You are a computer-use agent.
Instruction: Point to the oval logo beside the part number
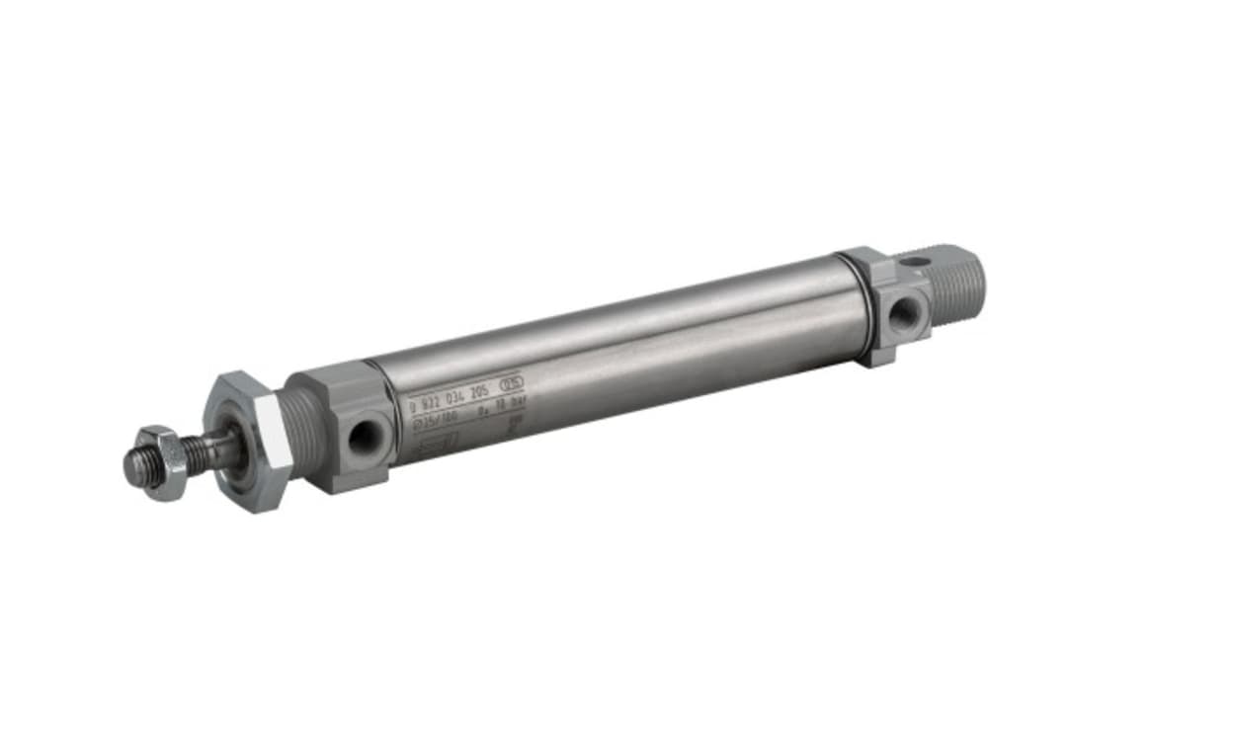coord(513,381)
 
